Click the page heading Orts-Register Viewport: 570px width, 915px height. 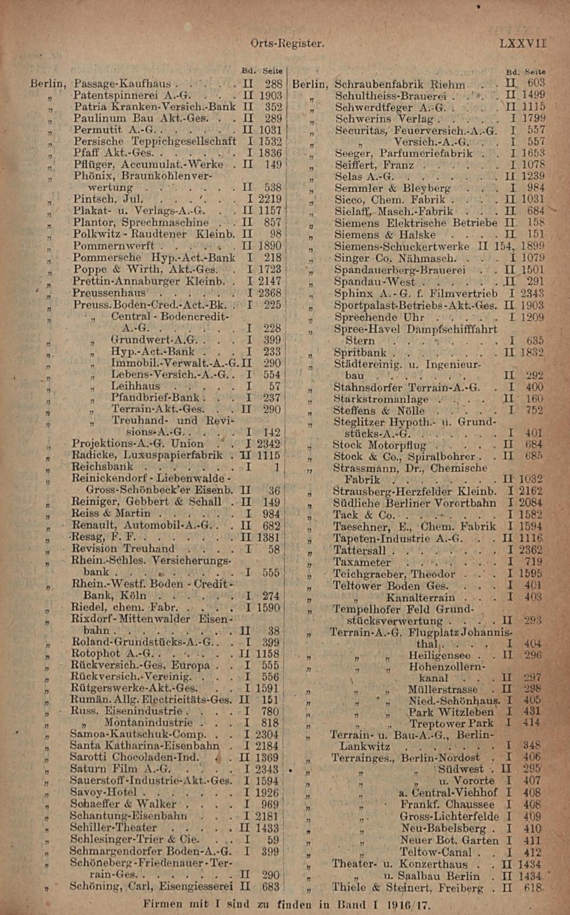pyautogui.click(x=287, y=43)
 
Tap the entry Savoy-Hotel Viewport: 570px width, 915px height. pyautogui.click(x=103, y=792)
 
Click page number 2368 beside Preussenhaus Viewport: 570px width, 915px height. pyautogui.click(x=270, y=293)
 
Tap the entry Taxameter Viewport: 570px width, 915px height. pyautogui.click(x=362, y=562)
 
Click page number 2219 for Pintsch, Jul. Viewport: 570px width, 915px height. pyautogui.click(x=270, y=199)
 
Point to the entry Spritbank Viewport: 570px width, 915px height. pyautogui.click(x=360, y=353)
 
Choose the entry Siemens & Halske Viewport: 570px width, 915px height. pyautogui.click(x=385, y=234)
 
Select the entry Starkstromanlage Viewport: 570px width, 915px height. pyautogui.click(x=381, y=399)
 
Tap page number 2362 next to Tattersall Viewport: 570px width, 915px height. pyautogui.click(x=530, y=550)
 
